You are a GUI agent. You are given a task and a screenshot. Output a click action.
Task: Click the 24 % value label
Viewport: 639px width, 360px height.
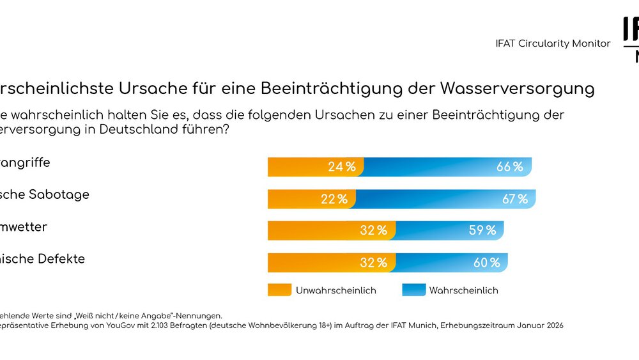(342, 167)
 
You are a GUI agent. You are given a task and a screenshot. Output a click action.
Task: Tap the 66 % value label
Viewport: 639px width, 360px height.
(509, 167)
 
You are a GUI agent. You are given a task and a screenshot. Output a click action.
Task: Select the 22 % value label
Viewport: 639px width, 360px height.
(334, 199)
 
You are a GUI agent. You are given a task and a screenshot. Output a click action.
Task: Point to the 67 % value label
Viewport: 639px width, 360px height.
(514, 199)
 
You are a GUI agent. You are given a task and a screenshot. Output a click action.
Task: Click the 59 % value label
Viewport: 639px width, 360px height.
(482, 230)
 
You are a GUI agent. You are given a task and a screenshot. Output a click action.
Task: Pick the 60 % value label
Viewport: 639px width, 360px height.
(486, 262)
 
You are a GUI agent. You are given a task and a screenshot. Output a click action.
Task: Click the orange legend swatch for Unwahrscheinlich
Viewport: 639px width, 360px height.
(279, 290)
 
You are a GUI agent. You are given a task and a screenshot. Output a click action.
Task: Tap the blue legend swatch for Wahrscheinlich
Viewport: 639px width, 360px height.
(414, 290)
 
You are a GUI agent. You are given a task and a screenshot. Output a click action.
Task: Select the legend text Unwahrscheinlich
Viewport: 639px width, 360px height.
(335, 290)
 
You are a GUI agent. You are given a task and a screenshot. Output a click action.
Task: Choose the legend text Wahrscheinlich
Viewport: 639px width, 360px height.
(463, 290)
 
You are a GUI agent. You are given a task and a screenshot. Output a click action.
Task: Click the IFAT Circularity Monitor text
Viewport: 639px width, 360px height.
(553, 43)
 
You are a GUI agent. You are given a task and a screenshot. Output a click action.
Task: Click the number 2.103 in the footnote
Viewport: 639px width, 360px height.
(171, 325)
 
